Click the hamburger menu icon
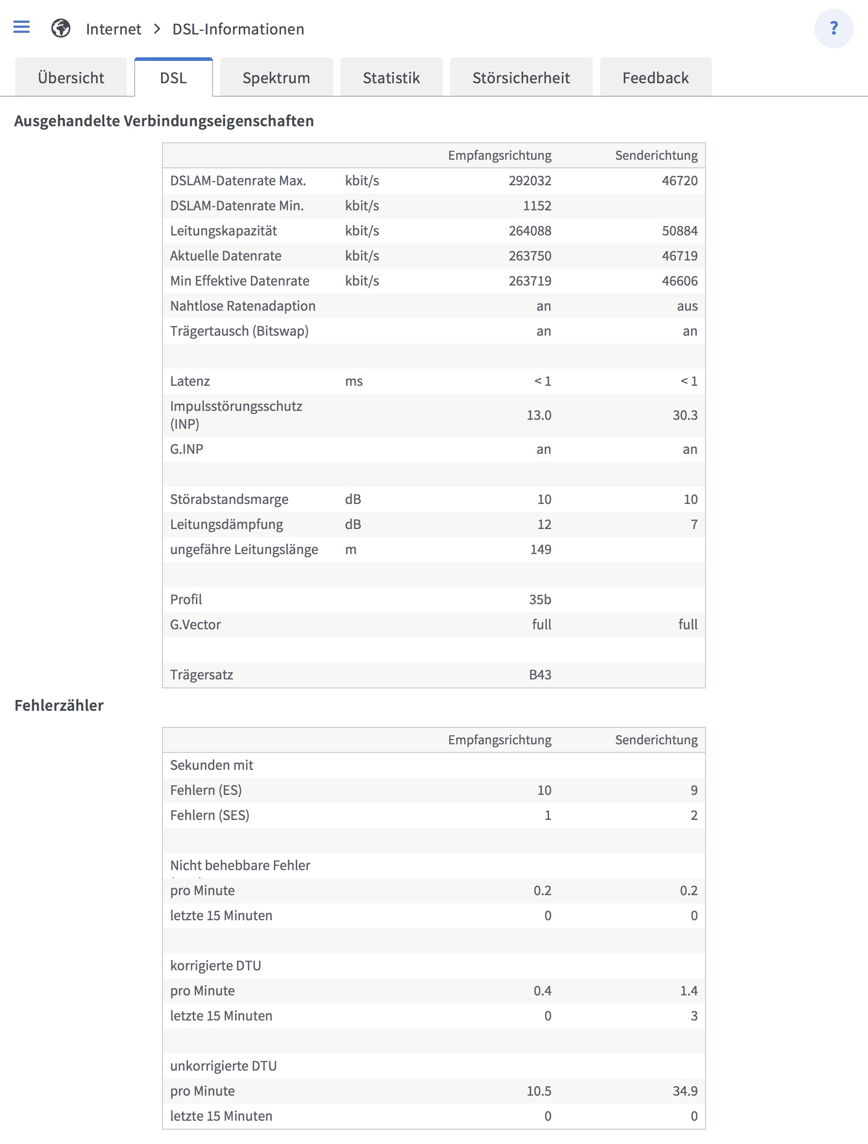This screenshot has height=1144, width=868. [x=21, y=27]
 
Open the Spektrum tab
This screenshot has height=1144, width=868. [x=276, y=77]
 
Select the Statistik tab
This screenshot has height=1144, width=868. [x=391, y=77]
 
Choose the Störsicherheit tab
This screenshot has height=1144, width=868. [x=521, y=77]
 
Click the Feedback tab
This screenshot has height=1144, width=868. [x=655, y=77]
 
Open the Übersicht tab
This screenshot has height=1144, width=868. [x=71, y=77]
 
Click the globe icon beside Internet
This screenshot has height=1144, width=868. [x=60, y=29]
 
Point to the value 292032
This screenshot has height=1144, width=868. [x=529, y=180]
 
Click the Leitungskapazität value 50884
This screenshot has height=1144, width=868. [x=679, y=231]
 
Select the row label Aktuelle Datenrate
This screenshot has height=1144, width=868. [x=226, y=256]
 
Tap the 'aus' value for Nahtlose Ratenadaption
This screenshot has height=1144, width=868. [x=687, y=306]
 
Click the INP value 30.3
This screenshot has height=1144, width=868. [x=685, y=415]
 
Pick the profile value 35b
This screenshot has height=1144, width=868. [x=540, y=599]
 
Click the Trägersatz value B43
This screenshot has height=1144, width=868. [x=540, y=675]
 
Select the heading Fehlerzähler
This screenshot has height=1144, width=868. [x=59, y=705]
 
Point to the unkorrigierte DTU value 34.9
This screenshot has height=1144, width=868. [x=685, y=1091]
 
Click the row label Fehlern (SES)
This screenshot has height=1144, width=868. [x=209, y=815]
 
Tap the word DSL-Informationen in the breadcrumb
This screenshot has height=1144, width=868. [x=238, y=30]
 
